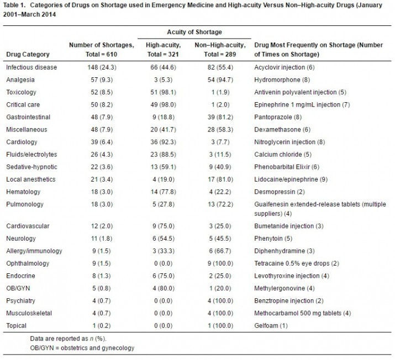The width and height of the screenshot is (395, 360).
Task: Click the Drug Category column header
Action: pyautogui.click(x=28, y=54)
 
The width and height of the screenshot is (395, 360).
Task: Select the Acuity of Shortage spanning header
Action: pyautogui.click(x=194, y=32)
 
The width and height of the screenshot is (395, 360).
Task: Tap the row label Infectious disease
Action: pyautogui.click(x=31, y=67)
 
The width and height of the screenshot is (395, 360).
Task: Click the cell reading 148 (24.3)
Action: pyautogui.click(x=102, y=67)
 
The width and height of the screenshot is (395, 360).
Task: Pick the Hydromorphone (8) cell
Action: pyautogui.click(x=282, y=80)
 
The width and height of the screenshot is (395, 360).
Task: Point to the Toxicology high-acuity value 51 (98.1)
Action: pyautogui.click(x=163, y=92)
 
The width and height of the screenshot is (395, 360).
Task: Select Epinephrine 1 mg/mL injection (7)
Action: pyautogui.click(x=302, y=105)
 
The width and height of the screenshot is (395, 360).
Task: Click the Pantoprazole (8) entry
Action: pyautogui.click(x=278, y=117)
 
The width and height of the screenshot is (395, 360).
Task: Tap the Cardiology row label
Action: pyautogui.click(x=22, y=142)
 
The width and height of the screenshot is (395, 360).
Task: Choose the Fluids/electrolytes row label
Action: pyautogui.click(x=31, y=154)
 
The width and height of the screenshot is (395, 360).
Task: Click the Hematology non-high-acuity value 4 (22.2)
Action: pyautogui.click(x=220, y=192)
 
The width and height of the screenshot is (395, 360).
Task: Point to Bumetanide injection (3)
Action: pyautogui.click(x=289, y=226)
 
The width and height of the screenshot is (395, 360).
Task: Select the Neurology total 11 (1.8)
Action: pyautogui.click(x=102, y=239)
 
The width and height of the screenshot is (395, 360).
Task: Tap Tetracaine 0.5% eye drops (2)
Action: pyautogui.click(x=297, y=263)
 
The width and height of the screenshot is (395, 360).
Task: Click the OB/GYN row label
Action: pyautogui.click(x=18, y=288)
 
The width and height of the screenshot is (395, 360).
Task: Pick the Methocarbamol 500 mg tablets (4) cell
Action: pyautogui.click(x=302, y=313)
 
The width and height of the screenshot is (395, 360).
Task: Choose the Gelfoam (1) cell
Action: pyautogui.click(x=271, y=326)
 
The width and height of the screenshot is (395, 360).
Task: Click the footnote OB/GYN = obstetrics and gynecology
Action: pyautogui.click(x=82, y=348)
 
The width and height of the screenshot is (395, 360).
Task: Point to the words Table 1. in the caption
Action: pyautogui.click(x=14, y=5)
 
